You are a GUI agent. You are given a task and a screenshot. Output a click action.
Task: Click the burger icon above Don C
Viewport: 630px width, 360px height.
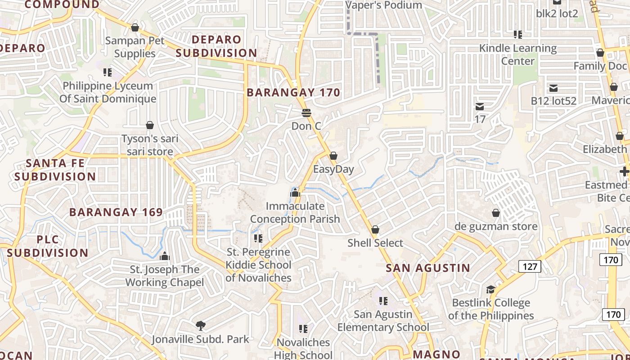click(x=306, y=112)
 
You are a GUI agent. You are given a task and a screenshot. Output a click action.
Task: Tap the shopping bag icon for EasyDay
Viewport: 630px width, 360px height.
click(x=333, y=156)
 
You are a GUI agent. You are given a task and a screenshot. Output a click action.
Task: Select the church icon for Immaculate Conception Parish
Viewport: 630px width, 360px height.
click(x=295, y=193)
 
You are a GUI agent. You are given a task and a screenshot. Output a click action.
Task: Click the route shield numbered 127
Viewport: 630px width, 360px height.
click(x=530, y=266)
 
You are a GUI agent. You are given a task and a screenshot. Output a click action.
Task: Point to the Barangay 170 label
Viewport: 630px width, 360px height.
click(x=293, y=93)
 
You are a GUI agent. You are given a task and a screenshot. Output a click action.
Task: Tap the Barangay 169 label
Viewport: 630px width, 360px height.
click(x=116, y=212)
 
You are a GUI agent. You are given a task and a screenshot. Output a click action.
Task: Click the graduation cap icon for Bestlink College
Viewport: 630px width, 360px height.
click(x=490, y=289)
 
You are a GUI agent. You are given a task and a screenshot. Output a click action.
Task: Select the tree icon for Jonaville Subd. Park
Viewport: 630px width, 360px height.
click(x=201, y=325)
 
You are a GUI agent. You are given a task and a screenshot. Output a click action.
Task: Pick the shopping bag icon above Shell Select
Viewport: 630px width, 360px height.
click(x=375, y=229)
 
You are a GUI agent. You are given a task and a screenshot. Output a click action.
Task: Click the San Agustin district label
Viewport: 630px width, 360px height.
click(x=428, y=268)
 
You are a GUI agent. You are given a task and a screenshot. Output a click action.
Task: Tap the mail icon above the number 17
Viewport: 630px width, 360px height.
click(x=480, y=107)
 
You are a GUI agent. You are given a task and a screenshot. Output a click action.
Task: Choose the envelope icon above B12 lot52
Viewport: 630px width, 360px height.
click(x=553, y=88)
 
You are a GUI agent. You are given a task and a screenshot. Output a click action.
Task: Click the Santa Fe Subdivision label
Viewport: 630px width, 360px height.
click(x=55, y=170)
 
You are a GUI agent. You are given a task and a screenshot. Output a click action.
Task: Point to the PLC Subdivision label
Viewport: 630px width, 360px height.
click(x=48, y=246)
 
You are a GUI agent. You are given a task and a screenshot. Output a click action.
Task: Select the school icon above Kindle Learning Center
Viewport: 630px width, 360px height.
click(x=518, y=34)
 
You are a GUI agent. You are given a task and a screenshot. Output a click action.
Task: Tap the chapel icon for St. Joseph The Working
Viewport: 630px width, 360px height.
click(x=165, y=256)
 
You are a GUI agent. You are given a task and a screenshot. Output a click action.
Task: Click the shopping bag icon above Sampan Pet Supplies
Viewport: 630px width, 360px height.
click(x=135, y=27)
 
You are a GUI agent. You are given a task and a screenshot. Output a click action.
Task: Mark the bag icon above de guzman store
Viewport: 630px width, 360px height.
click(x=496, y=212)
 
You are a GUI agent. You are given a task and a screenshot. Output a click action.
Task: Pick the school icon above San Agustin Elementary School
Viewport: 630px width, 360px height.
click(x=383, y=301)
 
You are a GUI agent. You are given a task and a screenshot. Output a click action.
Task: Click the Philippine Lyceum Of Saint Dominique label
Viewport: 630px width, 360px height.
click(x=108, y=92)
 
